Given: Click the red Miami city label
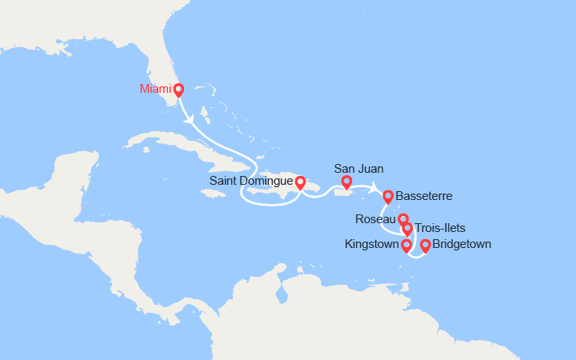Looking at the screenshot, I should pos(156,88).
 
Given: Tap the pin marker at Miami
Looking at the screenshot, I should pos(178,90).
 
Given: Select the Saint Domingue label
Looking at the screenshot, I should pos(250,182).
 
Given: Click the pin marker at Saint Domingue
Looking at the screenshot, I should pos(300,183).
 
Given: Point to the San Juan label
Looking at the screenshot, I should pos(358,169).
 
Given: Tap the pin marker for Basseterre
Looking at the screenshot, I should pos(388,196).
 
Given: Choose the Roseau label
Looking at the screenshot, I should pos(374,218).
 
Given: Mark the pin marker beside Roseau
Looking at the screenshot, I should pos(403,219).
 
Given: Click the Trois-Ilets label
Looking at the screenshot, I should pos(440,228).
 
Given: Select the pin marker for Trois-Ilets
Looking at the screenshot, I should pos(407,230).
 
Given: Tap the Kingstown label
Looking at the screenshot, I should pos(372,244).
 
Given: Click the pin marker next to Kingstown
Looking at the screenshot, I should pos(406,245).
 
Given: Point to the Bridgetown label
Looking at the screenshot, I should pos(462,244).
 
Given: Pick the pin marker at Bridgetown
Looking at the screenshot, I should pos(426,246).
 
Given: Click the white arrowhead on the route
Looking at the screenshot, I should pos(190,120).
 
